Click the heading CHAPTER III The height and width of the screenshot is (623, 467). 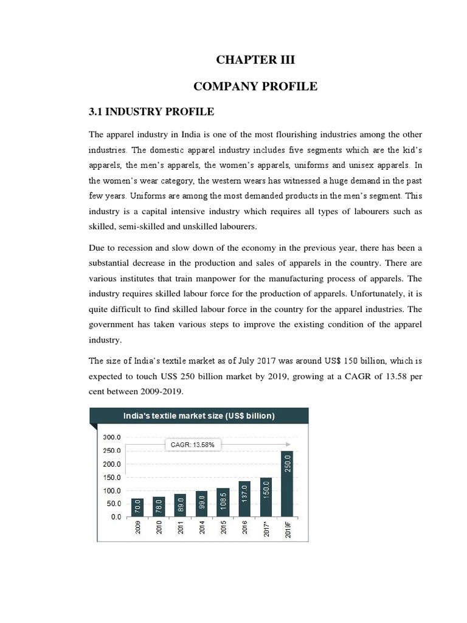(x=255, y=59)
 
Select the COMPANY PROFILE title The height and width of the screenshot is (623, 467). (x=255, y=86)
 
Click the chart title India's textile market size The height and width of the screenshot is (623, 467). (x=199, y=416)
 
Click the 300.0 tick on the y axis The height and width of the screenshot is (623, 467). (x=112, y=437)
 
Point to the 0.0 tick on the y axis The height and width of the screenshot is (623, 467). (x=114, y=517)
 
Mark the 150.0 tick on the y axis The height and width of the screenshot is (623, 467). (x=112, y=478)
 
